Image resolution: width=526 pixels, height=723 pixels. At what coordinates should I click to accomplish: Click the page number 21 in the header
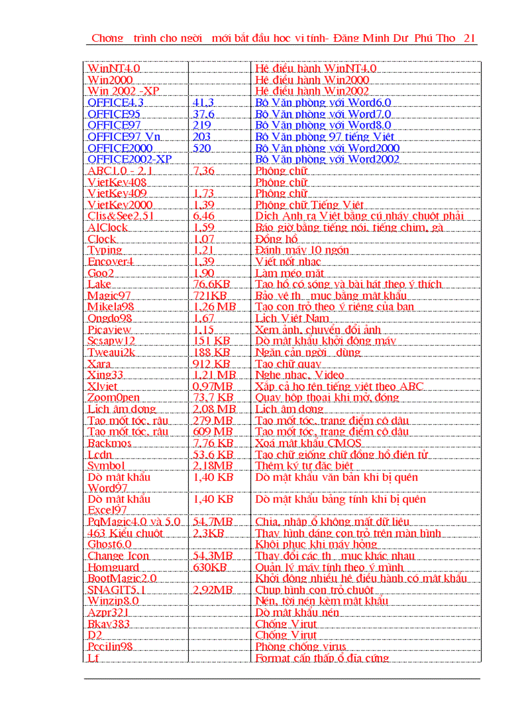tap(469, 38)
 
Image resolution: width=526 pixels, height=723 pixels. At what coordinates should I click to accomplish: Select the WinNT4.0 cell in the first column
tap(113, 68)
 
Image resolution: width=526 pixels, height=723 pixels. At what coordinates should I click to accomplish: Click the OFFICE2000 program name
tap(120, 148)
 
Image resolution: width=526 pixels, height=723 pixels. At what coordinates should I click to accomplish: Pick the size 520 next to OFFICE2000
tap(202, 148)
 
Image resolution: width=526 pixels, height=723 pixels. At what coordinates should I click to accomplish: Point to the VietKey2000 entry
tap(120, 205)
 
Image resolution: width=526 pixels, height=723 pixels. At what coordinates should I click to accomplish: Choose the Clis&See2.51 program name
tap(121, 216)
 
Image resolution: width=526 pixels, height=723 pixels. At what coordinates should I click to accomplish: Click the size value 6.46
tap(203, 216)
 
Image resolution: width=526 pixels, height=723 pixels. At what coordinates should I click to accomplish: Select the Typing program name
tap(104, 250)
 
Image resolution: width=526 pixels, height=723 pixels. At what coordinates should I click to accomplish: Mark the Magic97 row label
tap(109, 296)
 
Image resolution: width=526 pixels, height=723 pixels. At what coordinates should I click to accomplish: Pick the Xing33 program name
tap(105, 375)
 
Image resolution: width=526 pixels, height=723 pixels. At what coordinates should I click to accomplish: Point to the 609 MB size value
tap(213, 431)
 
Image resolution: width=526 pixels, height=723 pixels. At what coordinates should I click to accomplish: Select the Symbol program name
tap(106, 465)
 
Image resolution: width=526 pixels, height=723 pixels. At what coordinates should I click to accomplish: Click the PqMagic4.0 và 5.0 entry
tap(134, 521)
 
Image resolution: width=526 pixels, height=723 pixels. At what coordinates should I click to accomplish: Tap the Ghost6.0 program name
tap(109, 545)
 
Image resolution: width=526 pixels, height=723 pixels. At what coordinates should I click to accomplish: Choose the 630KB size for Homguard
tap(209, 567)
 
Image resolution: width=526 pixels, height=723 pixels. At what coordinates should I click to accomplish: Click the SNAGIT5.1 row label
tap(116, 590)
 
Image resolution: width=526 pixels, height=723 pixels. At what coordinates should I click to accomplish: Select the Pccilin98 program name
tap(110, 646)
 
